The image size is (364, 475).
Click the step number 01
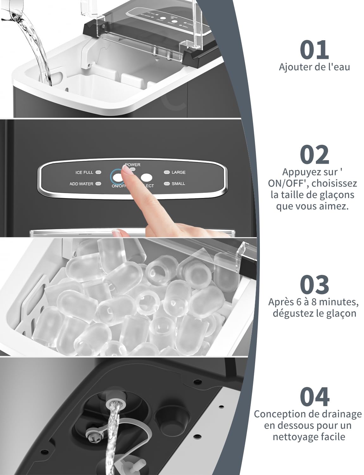click(x=314, y=50)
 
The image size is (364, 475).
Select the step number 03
click(x=314, y=284)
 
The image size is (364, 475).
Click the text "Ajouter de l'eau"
click(x=314, y=67)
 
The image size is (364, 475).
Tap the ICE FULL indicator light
click(x=98, y=172)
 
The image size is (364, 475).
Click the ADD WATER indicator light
click(x=98, y=184)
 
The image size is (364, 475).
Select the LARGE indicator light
click(x=166, y=172)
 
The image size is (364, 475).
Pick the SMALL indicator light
click(x=166, y=184)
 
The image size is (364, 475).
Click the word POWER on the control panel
click(x=132, y=165)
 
